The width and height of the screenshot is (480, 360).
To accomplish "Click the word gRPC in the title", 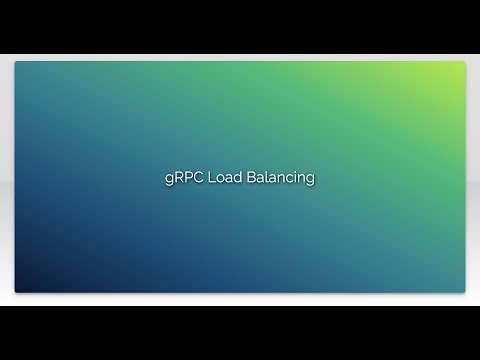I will pyautogui.click(x=183, y=178).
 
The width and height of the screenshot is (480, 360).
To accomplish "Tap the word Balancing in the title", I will pyautogui.click(x=281, y=178).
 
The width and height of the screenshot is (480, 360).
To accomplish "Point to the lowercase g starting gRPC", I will pyautogui.click(x=168, y=179).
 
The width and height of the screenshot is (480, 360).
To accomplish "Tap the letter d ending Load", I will pyautogui.click(x=238, y=177).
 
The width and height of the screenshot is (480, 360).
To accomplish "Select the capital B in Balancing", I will pyautogui.click(x=251, y=177).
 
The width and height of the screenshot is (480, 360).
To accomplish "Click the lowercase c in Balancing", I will pyautogui.click(x=293, y=178).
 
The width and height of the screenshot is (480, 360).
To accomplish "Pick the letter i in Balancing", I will pyautogui.click(x=300, y=177).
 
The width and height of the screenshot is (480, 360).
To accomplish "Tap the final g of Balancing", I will pyautogui.click(x=312, y=180).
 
